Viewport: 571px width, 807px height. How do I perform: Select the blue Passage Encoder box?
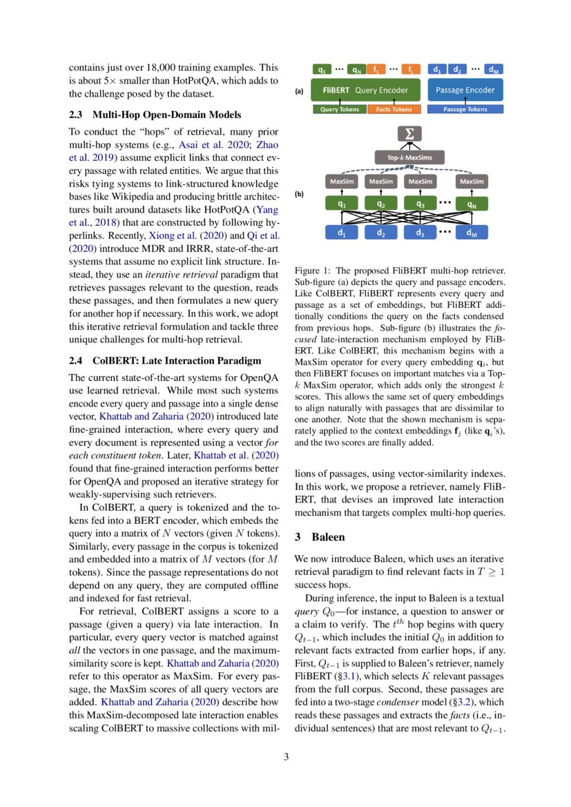pos(465,90)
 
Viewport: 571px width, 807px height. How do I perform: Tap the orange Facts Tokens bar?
pos(394,109)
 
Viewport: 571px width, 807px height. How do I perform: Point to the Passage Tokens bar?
pos(465,109)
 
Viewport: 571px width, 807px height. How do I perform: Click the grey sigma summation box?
pos(409,135)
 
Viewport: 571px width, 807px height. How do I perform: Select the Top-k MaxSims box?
pos(409,157)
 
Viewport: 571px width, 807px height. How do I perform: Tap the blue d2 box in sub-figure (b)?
pos(380,233)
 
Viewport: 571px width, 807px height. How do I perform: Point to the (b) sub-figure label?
pos(299,195)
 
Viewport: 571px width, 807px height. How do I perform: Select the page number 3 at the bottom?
pos(286,757)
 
